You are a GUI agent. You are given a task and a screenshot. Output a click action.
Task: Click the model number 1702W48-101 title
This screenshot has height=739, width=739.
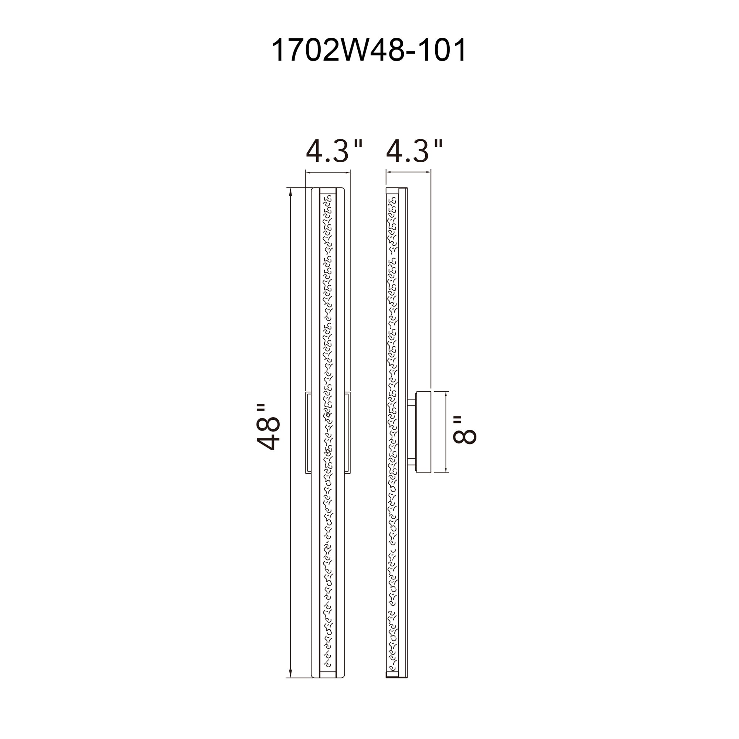point(369,50)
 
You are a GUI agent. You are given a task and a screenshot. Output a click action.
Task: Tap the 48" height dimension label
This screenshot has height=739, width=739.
point(269,427)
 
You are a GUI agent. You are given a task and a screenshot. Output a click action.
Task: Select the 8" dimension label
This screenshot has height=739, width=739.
point(465,430)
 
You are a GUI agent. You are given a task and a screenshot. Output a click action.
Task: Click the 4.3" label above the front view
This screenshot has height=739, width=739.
point(334,151)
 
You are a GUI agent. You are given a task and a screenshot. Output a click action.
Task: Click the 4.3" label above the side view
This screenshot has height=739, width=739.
point(414,151)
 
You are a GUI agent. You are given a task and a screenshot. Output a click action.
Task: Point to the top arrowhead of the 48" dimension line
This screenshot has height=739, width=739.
point(291,191)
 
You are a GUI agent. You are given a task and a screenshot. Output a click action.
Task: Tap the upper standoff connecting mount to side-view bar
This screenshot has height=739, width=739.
point(412,402)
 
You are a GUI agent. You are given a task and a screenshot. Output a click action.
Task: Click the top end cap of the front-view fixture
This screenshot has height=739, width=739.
point(328,191)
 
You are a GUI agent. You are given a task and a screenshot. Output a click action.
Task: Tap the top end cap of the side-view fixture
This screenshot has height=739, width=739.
point(392,190)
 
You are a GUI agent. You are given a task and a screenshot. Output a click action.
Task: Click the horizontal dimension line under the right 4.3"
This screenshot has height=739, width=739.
point(409,173)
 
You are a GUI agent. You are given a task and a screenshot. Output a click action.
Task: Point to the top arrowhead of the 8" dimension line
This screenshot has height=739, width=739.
point(446,394)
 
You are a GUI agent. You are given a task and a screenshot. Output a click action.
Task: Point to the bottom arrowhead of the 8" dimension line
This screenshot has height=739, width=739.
point(446,470)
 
